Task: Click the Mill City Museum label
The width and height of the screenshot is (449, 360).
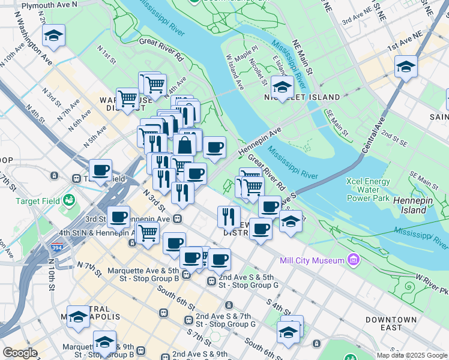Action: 312,260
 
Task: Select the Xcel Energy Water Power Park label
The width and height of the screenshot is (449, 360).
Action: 367,190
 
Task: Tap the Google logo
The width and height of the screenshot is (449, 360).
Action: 20,353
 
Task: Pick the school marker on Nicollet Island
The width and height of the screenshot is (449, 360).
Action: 282,87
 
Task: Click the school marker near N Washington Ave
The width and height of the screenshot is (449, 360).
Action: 53,37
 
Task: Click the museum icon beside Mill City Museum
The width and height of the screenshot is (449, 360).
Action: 354,260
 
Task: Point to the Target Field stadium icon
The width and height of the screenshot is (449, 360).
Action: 70,199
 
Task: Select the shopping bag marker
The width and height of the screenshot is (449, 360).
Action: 184,145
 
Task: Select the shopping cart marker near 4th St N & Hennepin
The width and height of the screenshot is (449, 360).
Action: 147,233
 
